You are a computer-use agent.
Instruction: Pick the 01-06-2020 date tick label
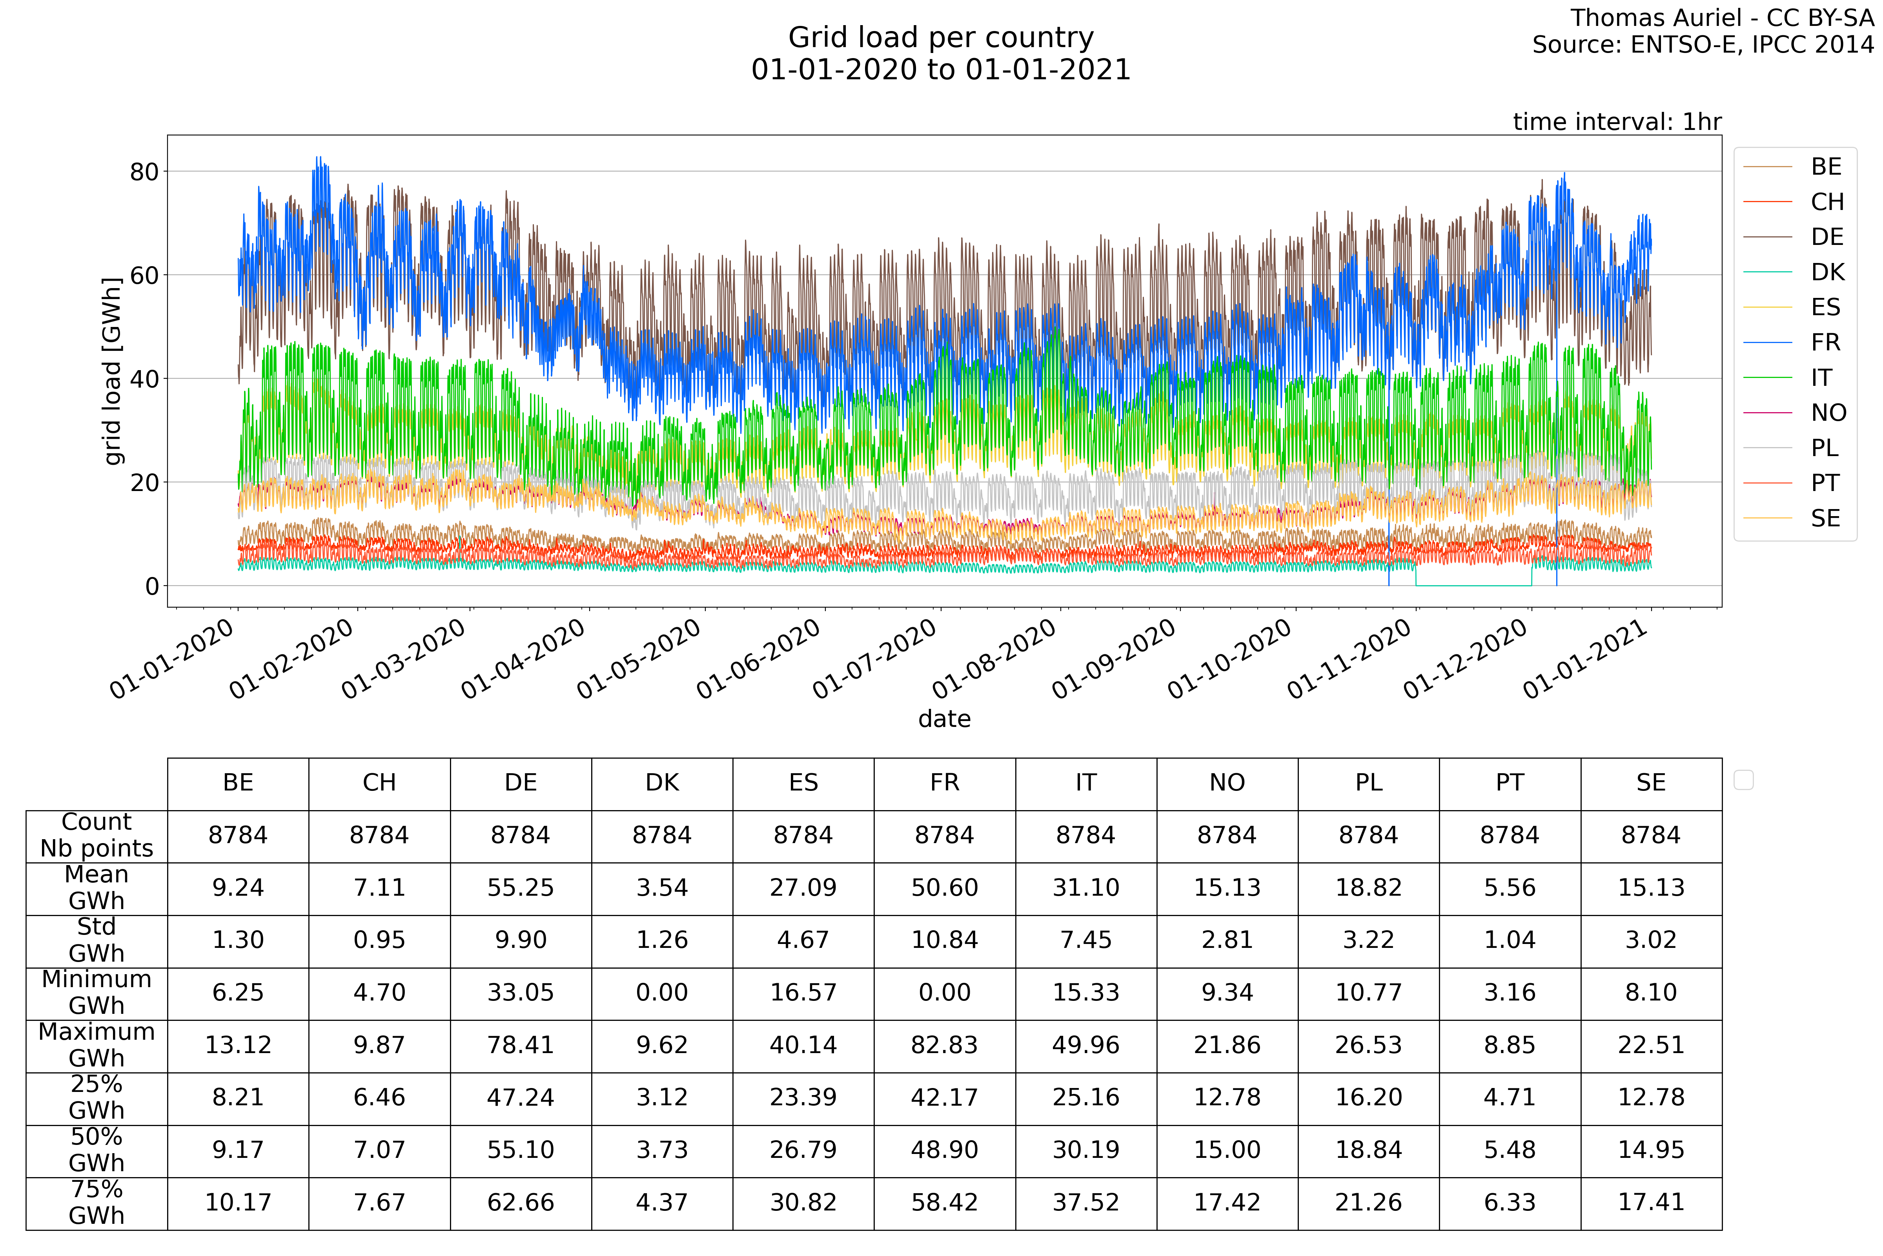(x=759, y=659)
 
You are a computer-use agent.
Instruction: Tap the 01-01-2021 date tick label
(x=1585, y=659)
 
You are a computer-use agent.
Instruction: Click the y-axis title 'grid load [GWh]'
(x=113, y=371)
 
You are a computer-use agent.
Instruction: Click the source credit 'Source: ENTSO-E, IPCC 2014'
(x=1703, y=45)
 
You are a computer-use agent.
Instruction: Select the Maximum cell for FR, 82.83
(x=945, y=1045)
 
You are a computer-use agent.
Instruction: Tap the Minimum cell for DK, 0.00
(x=662, y=993)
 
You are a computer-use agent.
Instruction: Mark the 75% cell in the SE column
(x=1651, y=1202)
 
